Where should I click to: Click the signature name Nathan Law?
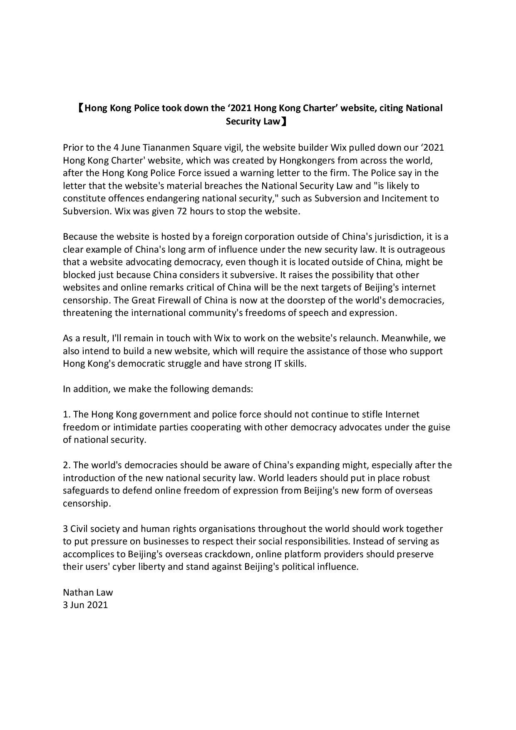[88, 592]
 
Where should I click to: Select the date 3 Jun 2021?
[85, 605]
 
